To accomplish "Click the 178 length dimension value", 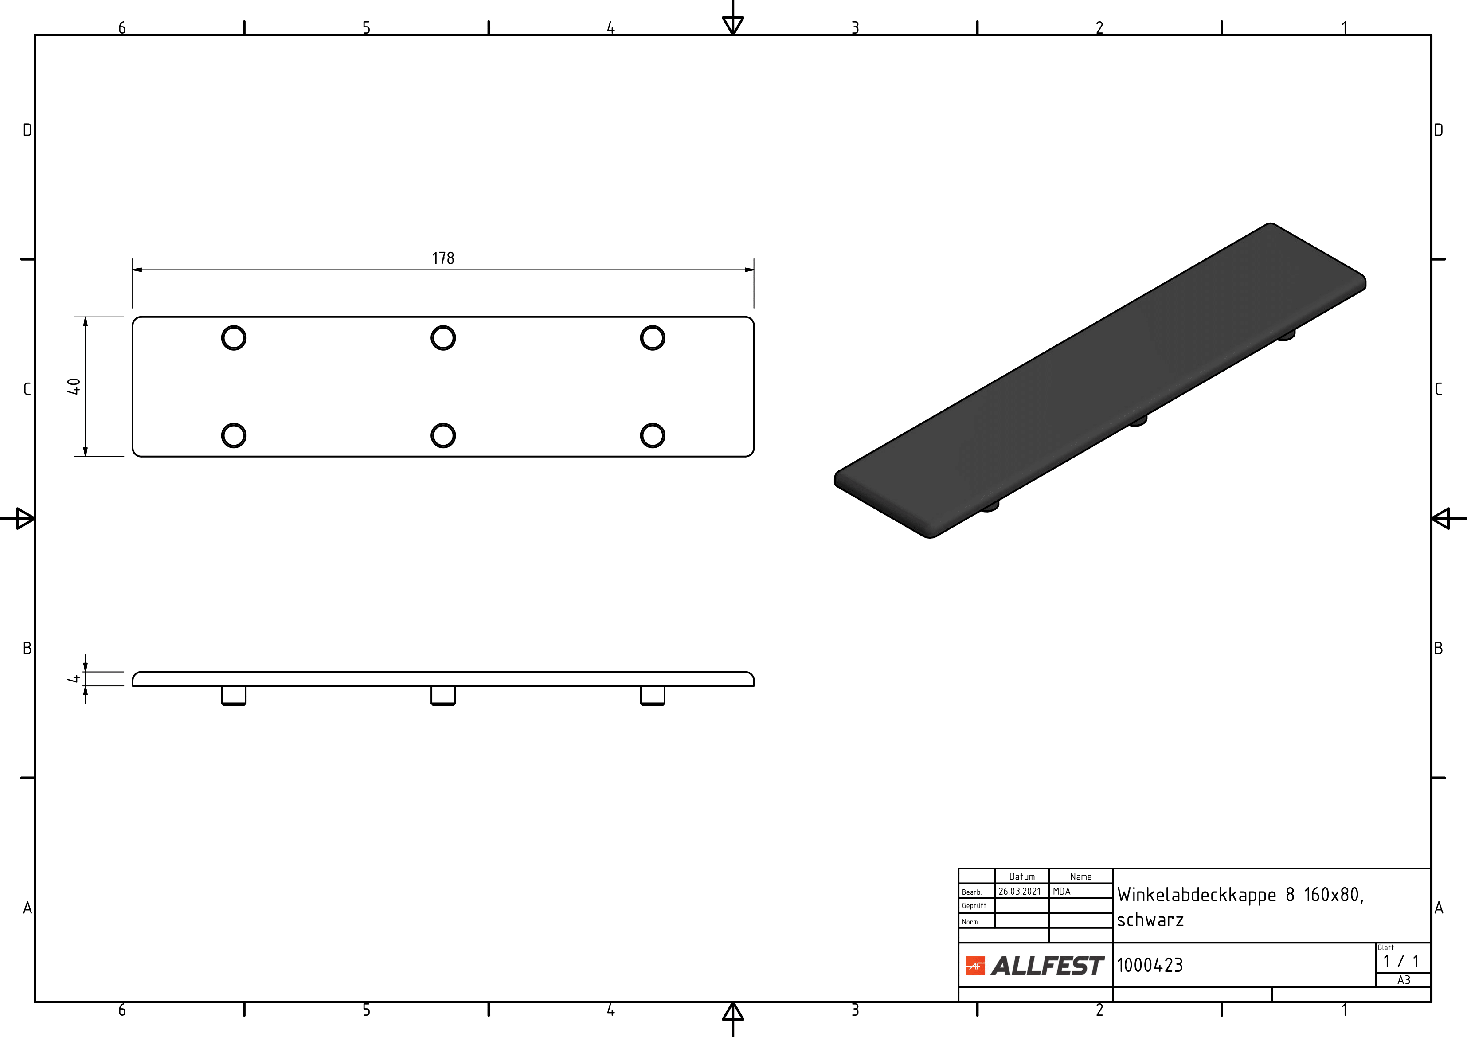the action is tap(443, 258).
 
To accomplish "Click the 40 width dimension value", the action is tap(74, 387).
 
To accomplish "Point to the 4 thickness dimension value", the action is tap(74, 679).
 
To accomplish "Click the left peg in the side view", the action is tap(234, 696).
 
